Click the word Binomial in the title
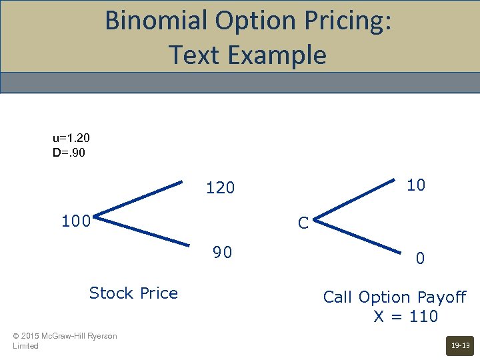pos(156,21)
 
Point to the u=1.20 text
pos(71,138)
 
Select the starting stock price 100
pos(76,221)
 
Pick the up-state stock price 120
pos(221,189)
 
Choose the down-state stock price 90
pos(222,253)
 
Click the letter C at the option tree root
pos(303,223)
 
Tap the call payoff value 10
pos(416,185)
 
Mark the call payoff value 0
pos(420,258)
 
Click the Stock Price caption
pos(133,293)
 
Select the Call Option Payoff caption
pos(395,297)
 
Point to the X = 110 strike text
pos(405,316)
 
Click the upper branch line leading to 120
pos(140,198)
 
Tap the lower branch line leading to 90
pos(140,230)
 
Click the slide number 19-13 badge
pos(461,345)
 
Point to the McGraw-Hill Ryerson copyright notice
pos(65,341)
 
